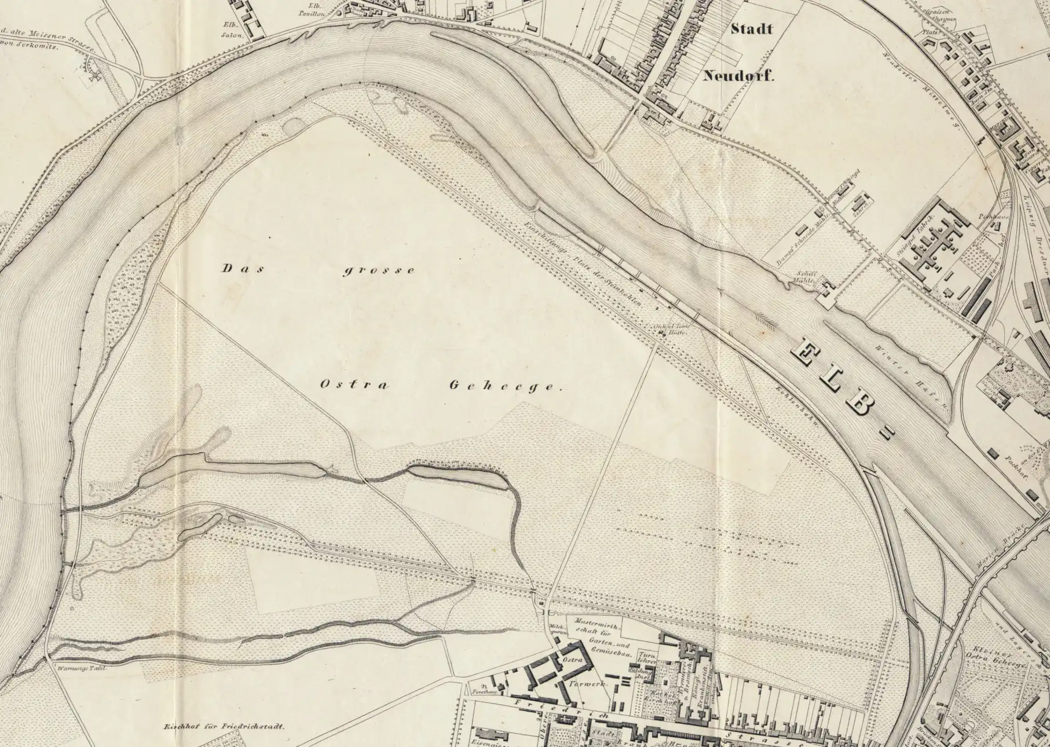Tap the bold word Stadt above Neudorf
[x=751, y=29]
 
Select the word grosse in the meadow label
[x=378, y=271]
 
